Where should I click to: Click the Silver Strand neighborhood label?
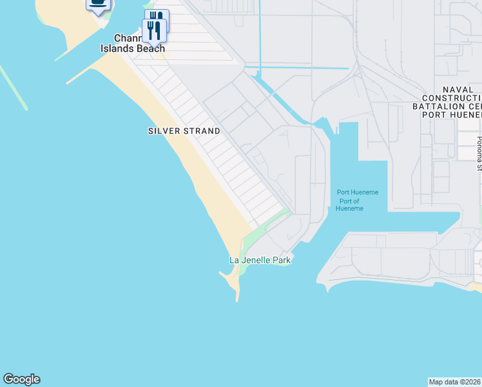tap(184, 131)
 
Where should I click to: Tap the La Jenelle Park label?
tap(260, 261)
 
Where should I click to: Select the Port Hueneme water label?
tap(358, 192)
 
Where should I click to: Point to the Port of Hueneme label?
tap(351, 204)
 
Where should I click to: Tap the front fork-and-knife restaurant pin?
tap(153, 30)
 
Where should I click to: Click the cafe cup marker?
tap(98, 3)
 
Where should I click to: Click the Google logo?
tap(21, 379)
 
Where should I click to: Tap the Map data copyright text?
tap(455, 382)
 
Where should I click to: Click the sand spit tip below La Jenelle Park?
tap(237, 299)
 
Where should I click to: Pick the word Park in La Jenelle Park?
tap(281, 261)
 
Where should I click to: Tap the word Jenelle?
tap(257, 261)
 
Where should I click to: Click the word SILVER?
tap(164, 131)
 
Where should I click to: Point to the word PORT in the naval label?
tap(435, 114)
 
